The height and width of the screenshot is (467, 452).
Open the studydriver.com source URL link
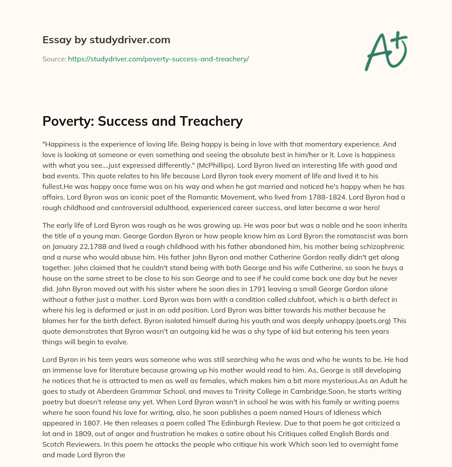coord(158,59)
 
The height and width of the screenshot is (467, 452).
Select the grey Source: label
coord(54,59)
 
